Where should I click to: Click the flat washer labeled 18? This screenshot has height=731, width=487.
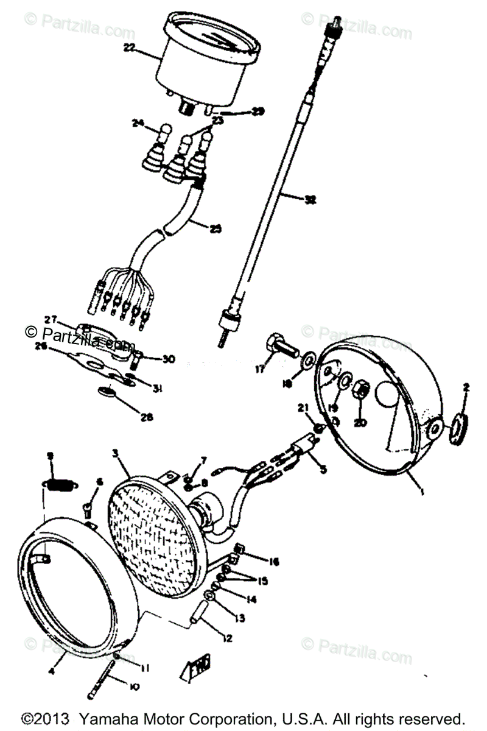click(308, 358)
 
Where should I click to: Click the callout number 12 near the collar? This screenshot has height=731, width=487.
click(226, 639)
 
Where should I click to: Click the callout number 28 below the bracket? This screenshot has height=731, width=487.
click(146, 418)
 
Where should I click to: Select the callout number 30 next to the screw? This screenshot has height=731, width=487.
click(169, 359)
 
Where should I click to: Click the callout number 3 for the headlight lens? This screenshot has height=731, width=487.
click(116, 453)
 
